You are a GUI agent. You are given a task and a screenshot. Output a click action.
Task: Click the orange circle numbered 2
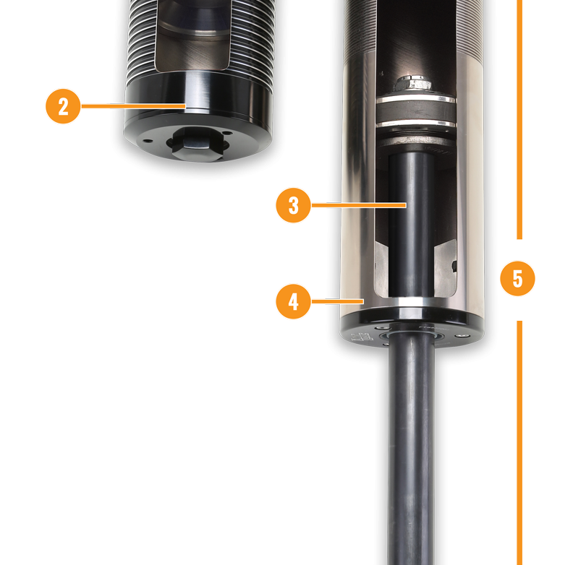point(63,106)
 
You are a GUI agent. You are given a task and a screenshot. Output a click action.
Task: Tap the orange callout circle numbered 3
point(294,205)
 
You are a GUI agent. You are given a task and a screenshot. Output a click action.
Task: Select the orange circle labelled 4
point(294,301)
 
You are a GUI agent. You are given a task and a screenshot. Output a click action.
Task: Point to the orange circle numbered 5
point(517,278)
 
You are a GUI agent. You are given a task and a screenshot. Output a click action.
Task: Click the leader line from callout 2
point(133,106)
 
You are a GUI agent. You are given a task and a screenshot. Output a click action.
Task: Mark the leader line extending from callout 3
point(359,205)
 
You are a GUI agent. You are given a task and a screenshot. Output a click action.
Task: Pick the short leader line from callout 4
point(337,301)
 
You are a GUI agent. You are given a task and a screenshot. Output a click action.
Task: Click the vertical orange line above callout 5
point(519,119)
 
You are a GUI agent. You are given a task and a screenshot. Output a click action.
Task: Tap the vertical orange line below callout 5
point(519,443)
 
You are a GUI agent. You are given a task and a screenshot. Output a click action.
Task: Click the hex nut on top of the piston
point(413,83)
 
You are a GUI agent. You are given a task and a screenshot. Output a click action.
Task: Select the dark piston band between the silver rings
point(415,111)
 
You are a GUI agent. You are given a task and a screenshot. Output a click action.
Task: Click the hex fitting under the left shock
point(197,143)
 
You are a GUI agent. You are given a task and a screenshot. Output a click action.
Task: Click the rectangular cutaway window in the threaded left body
point(192,35)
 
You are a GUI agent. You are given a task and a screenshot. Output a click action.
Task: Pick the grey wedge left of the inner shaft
point(381,269)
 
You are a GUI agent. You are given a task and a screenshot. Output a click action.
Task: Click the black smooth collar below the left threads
point(198,95)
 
